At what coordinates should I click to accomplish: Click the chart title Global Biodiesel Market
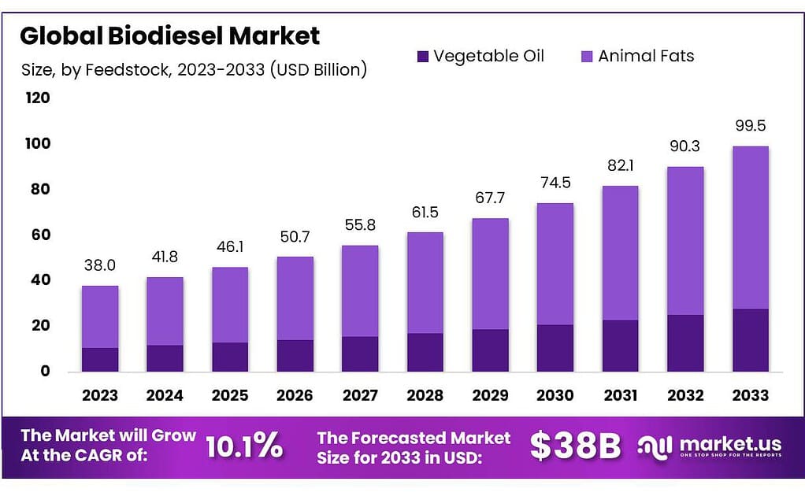(169, 35)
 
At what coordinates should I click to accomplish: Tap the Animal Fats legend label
(646, 56)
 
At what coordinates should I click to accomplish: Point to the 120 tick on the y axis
(38, 98)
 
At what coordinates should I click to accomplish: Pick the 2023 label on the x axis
(100, 395)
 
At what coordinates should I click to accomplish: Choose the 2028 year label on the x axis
(425, 395)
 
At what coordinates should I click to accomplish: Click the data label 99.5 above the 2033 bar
(750, 126)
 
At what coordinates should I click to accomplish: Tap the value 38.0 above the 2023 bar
(100, 265)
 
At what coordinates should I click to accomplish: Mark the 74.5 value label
(555, 183)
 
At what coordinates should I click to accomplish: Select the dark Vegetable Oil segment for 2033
(750, 340)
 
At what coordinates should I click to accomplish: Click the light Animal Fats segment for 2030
(555, 264)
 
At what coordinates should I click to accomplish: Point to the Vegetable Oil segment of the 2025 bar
(230, 357)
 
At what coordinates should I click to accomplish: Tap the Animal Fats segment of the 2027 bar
(360, 291)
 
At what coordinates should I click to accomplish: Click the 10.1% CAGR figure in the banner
(244, 446)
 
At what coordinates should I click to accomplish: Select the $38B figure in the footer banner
(576, 446)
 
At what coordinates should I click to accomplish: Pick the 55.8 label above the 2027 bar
(360, 225)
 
